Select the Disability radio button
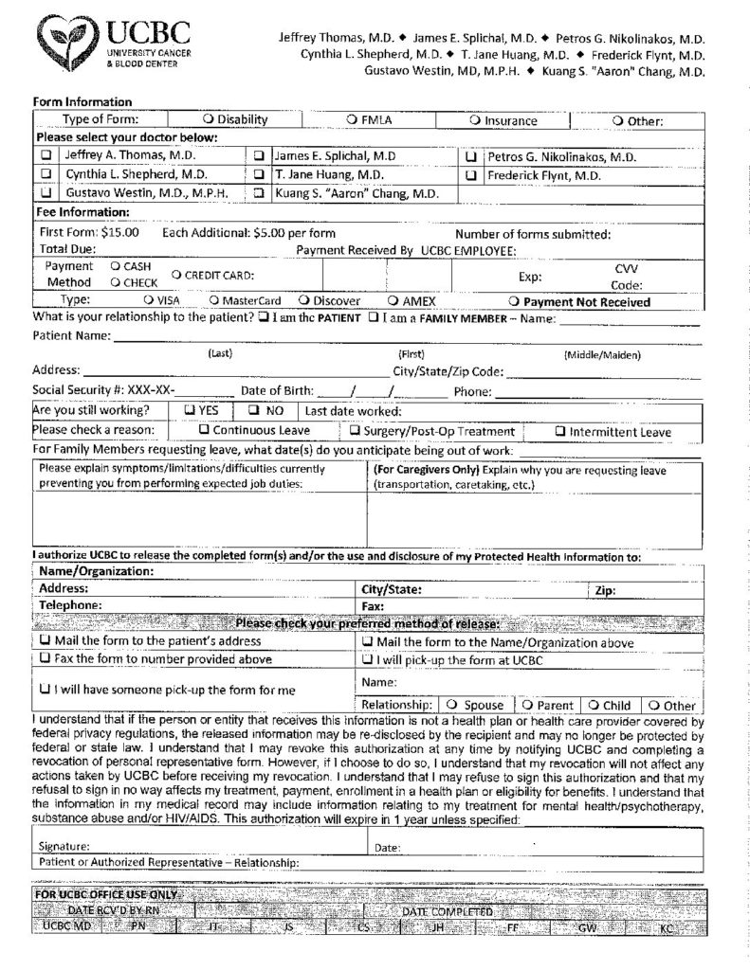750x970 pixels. click(208, 120)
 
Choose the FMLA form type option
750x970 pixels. click(352, 120)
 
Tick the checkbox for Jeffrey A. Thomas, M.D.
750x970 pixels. click(46, 155)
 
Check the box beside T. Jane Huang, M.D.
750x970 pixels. click(259, 175)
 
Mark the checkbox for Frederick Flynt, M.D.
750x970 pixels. click(470, 175)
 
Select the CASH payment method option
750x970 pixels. click(116, 266)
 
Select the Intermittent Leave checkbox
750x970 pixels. click(559, 431)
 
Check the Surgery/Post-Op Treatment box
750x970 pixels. click(328, 431)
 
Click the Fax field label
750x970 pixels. click(373, 604)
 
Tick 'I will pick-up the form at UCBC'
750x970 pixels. click(367, 660)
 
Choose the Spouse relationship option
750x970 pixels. click(452, 705)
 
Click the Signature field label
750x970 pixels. click(64, 846)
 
